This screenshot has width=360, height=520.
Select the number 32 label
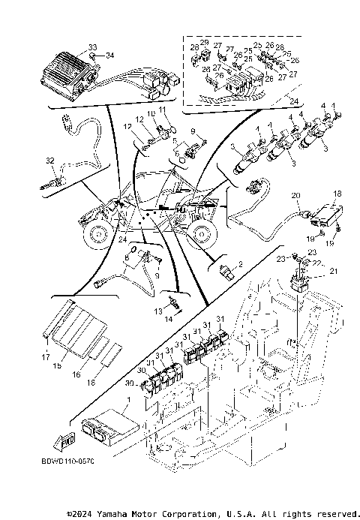(50, 161)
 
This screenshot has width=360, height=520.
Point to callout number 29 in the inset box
(203, 42)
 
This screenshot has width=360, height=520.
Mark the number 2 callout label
(241, 264)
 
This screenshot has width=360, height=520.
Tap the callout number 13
(157, 310)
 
